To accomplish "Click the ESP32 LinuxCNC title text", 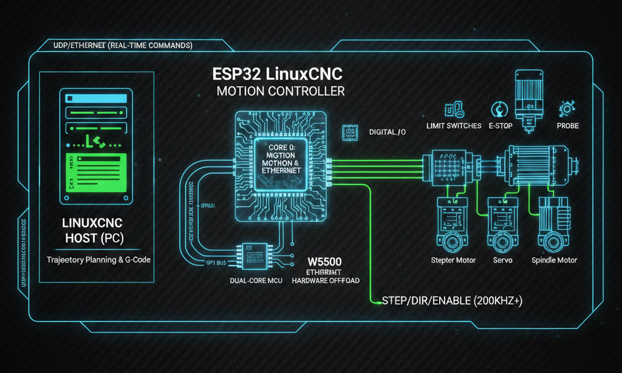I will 278,74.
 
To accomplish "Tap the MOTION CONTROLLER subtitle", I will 281,92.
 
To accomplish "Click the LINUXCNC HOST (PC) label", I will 94,230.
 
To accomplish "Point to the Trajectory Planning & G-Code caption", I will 99,259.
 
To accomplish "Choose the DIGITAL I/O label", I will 387,131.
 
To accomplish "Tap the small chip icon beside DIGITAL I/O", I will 350,133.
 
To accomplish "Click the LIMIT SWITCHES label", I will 454,126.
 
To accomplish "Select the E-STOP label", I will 501,126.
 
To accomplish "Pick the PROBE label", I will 567,126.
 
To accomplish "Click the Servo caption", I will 503,260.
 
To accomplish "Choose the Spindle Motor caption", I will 554,260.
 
